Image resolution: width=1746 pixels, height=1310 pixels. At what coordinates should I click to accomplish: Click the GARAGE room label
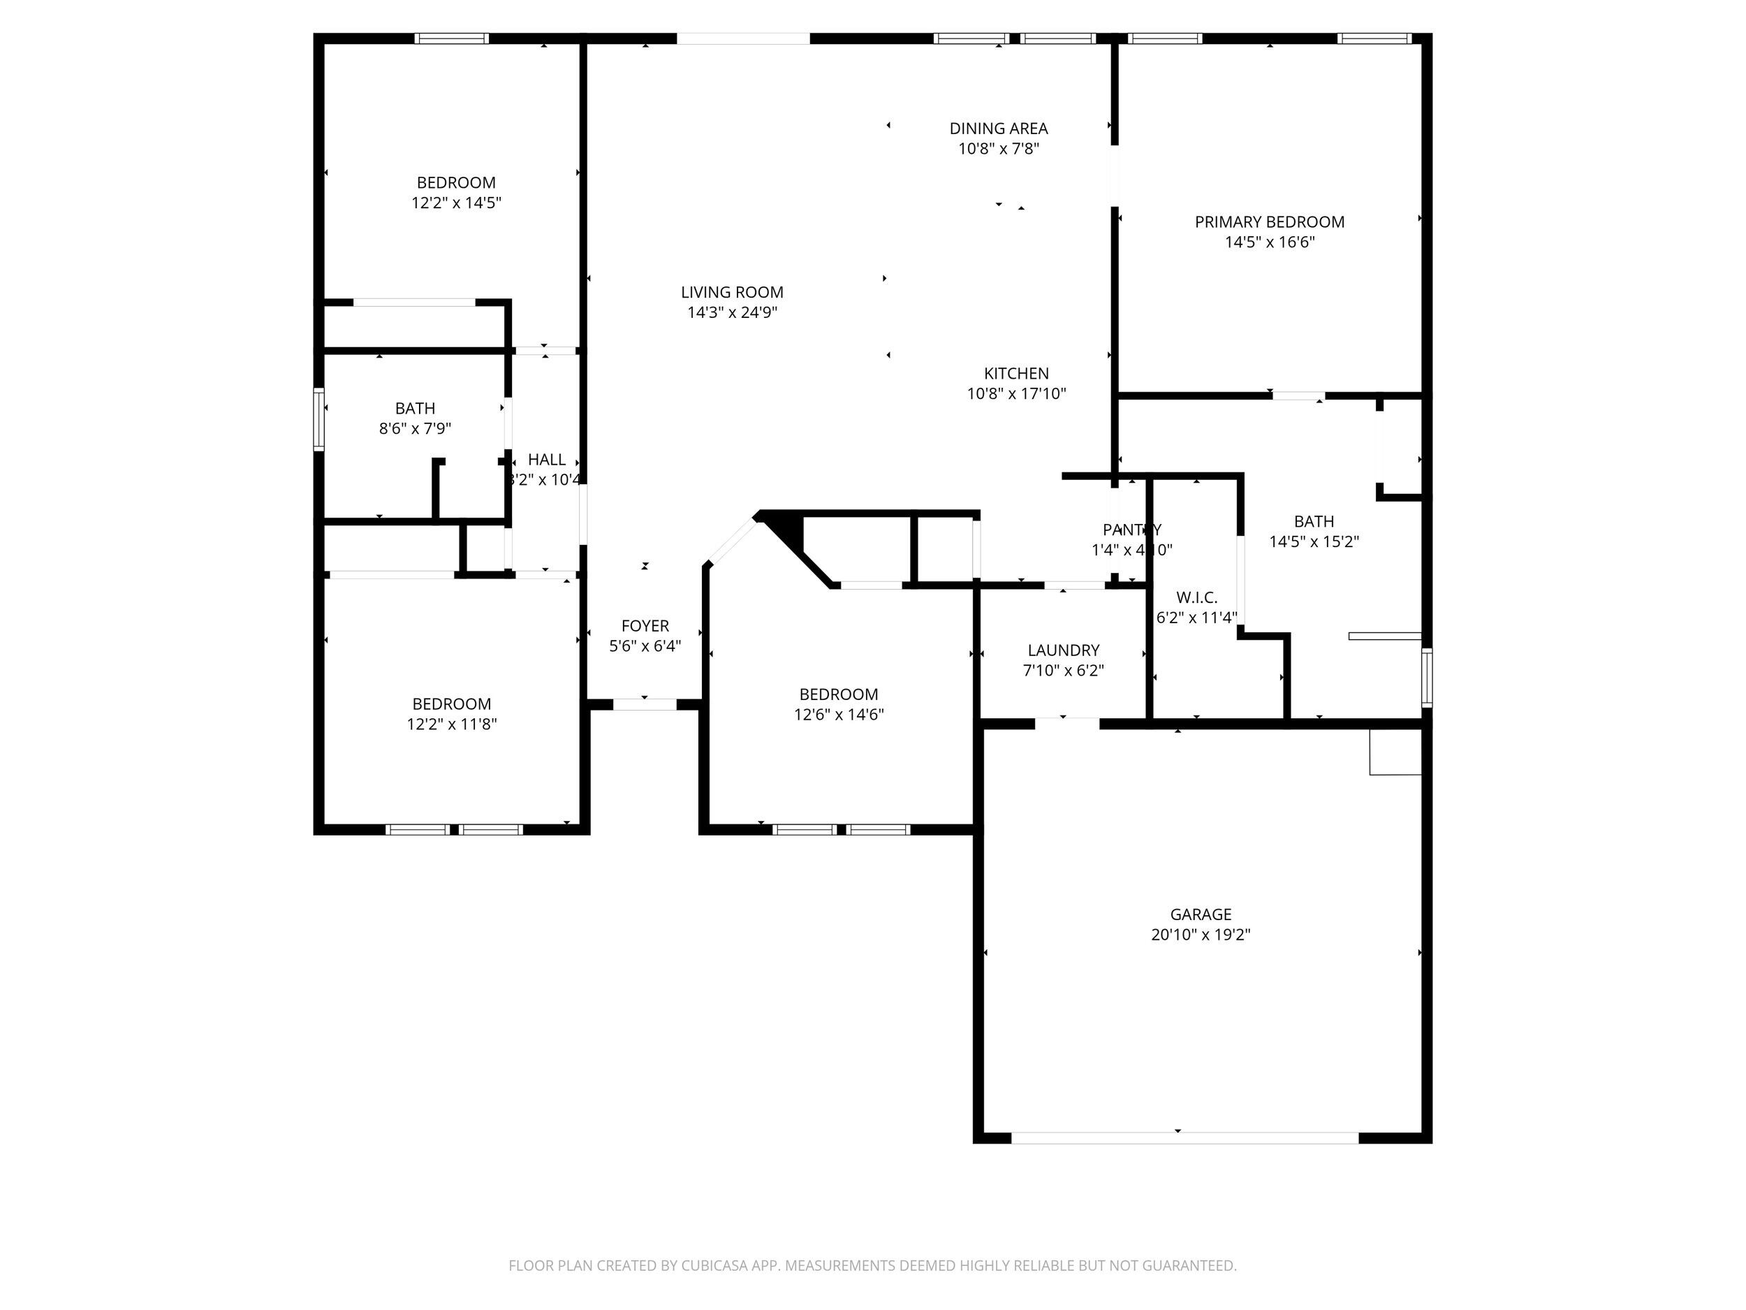(x=1200, y=915)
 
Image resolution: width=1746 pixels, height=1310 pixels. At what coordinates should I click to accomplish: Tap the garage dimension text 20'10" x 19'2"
(x=1200, y=935)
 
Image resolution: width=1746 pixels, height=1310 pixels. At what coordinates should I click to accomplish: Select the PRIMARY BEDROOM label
(x=1269, y=222)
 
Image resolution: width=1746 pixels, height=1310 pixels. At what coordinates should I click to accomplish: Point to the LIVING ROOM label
(x=732, y=292)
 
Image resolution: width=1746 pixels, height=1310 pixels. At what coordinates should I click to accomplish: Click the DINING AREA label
(x=998, y=128)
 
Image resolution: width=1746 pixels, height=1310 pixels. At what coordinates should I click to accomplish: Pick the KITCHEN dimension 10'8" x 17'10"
(x=1016, y=393)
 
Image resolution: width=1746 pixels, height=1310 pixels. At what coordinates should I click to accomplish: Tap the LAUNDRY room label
(x=1062, y=650)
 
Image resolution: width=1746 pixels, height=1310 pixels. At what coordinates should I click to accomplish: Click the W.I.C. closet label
(x=1196, y=597)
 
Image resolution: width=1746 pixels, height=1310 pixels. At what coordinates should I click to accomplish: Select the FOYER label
(x=644, y=625)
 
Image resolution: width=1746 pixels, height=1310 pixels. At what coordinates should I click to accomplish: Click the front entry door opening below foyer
(x=644, y=704)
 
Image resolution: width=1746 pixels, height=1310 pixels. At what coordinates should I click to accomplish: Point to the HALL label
(x=546, y=460)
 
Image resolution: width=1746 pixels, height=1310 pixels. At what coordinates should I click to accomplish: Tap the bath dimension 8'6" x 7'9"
(x=414, y=429)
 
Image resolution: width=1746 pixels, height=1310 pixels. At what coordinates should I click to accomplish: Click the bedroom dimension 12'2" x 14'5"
(x=455, y=203)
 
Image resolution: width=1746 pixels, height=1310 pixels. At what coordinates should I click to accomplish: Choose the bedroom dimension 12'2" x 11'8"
(x=451, y=724)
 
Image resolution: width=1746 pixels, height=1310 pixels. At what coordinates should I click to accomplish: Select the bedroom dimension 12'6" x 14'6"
(x=838, y=715)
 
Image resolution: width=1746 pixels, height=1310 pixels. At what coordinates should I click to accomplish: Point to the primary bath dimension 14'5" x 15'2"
(x=1314, y=541)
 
